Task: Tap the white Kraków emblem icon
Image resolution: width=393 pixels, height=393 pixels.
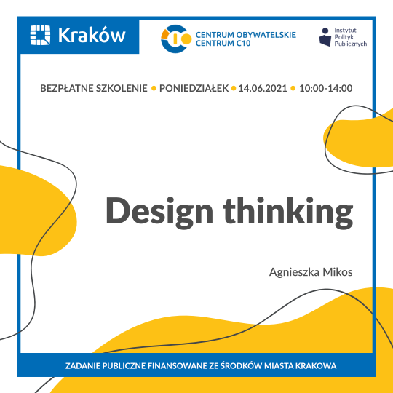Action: click(41, 35)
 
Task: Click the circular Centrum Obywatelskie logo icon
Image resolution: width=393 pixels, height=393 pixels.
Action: click(175, 39)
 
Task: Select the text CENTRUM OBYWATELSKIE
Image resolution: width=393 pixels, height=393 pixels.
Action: click(246, 34)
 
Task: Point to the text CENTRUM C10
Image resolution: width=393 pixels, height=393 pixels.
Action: click(223, 44)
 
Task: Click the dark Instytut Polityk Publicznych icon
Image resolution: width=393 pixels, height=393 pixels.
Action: click(326, 36)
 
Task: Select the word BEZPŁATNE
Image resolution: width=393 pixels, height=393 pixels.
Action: click(70, 88)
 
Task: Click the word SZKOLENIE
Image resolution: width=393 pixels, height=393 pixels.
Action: click(123, 88)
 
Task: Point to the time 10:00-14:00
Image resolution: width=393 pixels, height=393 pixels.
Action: click(325, 88)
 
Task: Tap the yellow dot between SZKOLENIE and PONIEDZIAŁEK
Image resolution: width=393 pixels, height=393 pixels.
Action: click(154, 89)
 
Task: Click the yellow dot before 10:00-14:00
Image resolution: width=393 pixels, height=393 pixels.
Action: click(293, 89)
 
